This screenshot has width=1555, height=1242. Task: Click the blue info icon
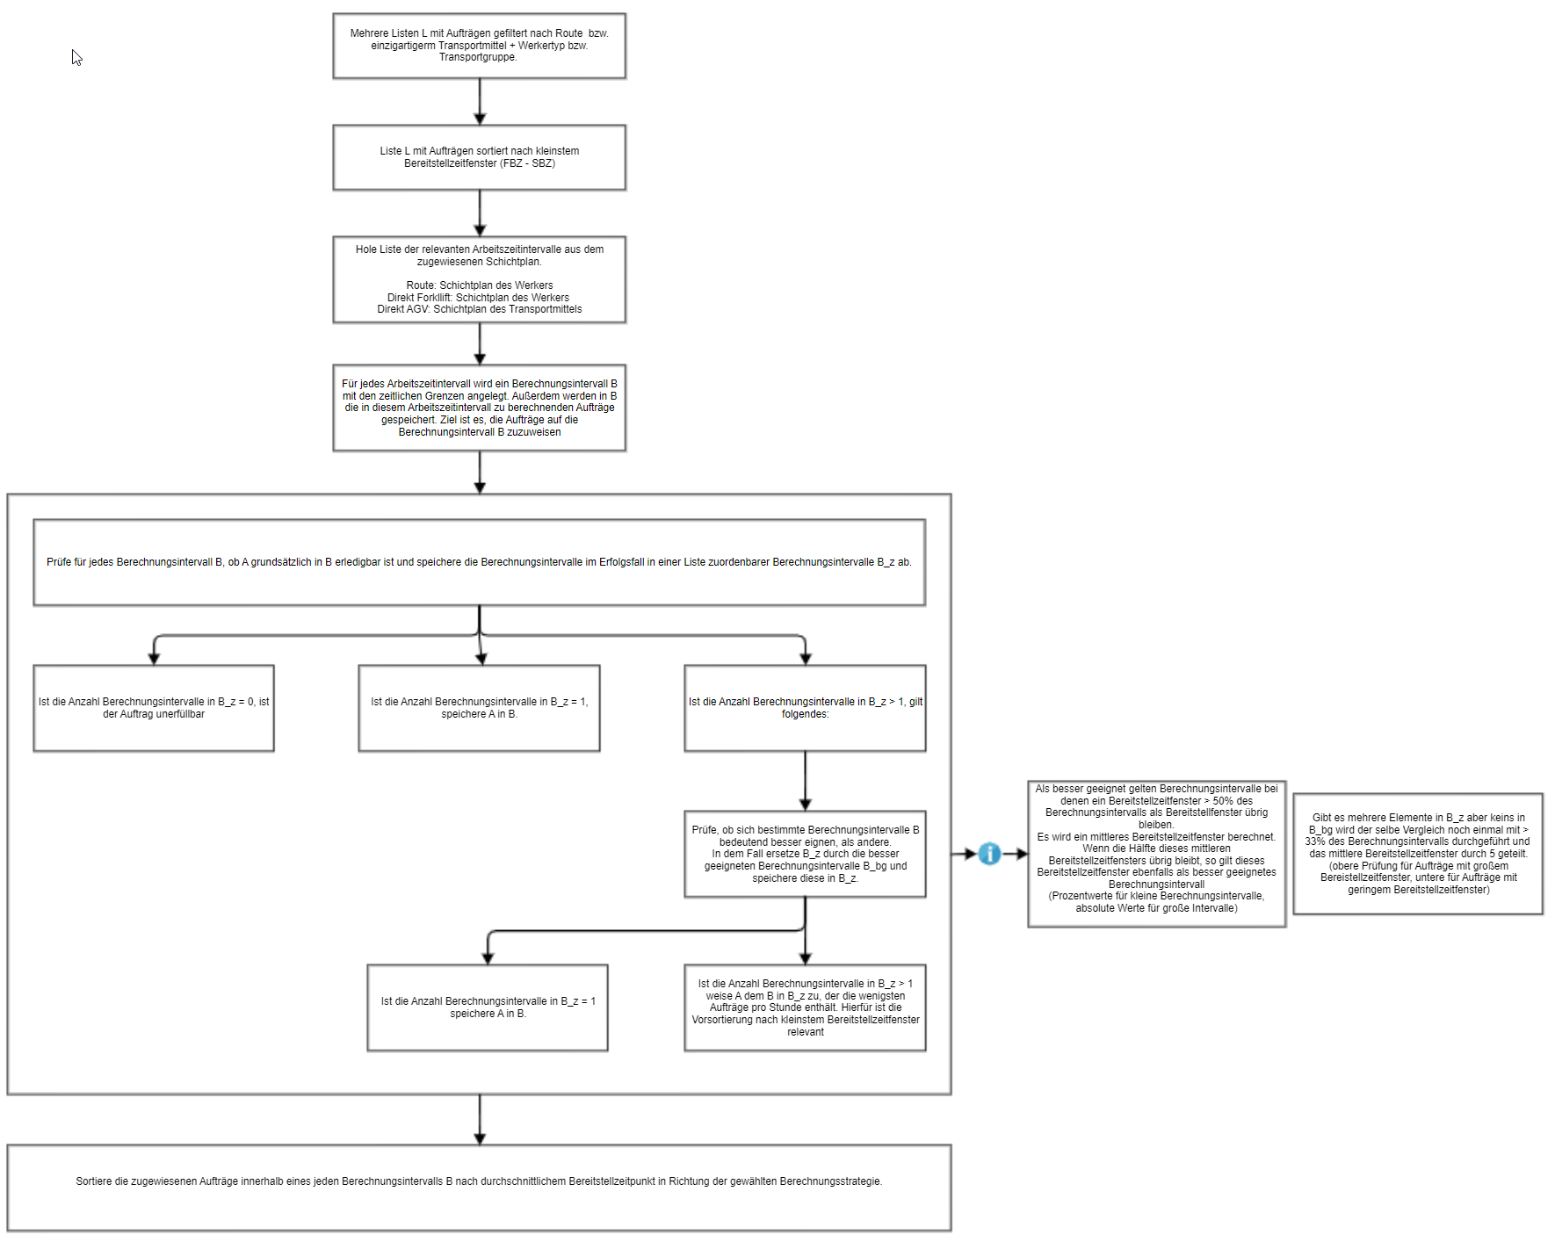point(989,854)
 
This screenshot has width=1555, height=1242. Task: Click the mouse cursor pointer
point(76,57)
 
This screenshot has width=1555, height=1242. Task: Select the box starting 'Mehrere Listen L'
point(480,46)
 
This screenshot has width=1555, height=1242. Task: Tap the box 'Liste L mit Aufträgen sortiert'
point(480,157)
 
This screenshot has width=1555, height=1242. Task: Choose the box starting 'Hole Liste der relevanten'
point(480,279)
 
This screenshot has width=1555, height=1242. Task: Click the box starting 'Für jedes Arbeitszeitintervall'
point(480,408)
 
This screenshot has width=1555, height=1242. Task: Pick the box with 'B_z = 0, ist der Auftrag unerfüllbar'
point(154,708)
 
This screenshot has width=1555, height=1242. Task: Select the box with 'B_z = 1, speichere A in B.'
point(480,708)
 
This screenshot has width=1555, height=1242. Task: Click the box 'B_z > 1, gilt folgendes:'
point(805,708)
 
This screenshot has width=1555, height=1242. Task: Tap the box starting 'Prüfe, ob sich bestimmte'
point(805,854)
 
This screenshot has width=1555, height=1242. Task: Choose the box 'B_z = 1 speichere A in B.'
point(488,1007)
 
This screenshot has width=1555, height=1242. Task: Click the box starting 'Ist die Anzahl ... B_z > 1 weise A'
point(805,1007)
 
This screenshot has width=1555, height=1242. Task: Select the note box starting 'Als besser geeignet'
point(1157,854)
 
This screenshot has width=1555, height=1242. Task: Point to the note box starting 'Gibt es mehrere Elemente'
point(1418,854)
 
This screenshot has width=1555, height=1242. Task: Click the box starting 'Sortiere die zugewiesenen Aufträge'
point(480,1188)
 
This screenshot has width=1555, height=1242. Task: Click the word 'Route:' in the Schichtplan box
point(421,285)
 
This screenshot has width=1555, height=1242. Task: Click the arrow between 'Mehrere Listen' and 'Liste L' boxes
point(480,102)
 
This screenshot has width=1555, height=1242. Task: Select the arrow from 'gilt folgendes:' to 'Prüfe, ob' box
point(805,781)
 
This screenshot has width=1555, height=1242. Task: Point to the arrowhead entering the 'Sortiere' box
point(480,1139)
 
